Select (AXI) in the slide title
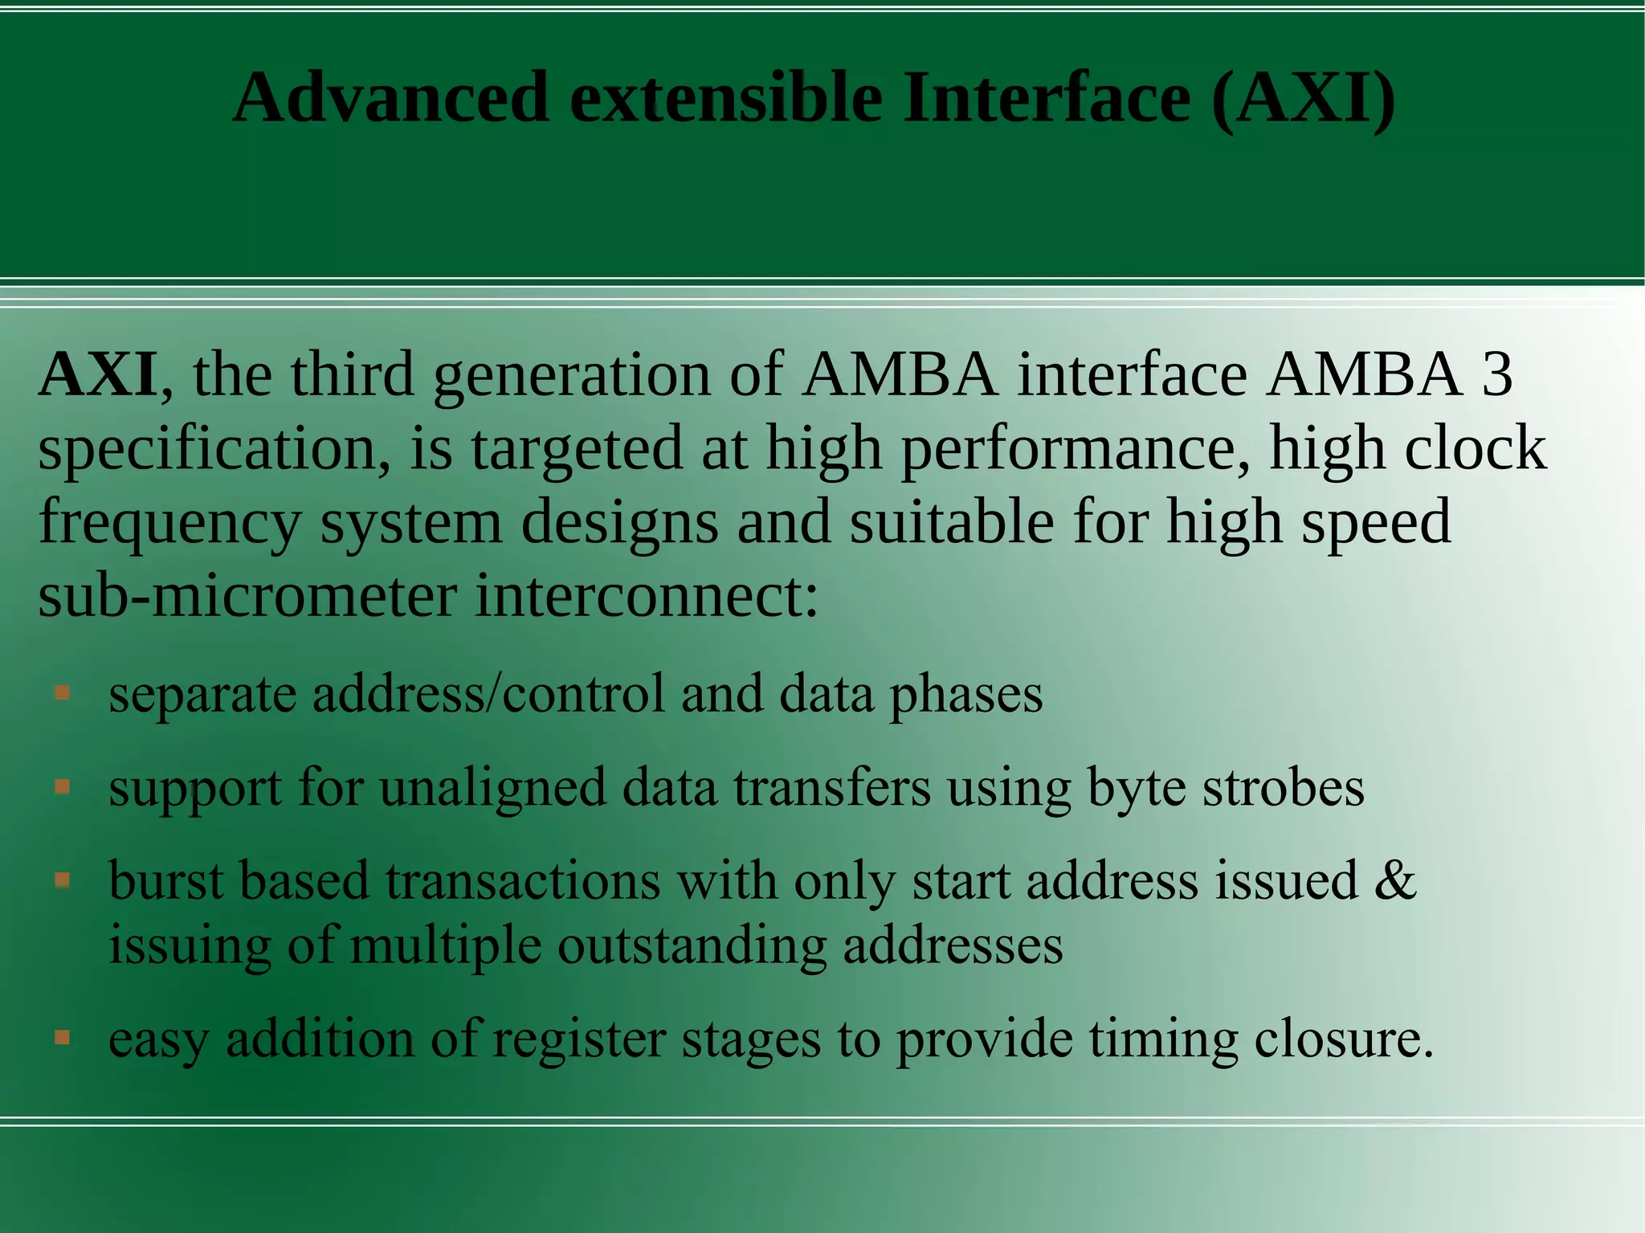1303,98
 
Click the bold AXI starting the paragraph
98,375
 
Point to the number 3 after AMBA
1497,375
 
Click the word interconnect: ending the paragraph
647,596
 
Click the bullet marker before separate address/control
63,692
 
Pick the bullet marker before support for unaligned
63,786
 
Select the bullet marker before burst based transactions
63,881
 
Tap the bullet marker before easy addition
63,1038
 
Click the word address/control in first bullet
488,694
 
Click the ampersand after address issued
1395,880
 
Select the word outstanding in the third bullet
692,945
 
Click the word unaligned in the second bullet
492,787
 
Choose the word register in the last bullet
578,1039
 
